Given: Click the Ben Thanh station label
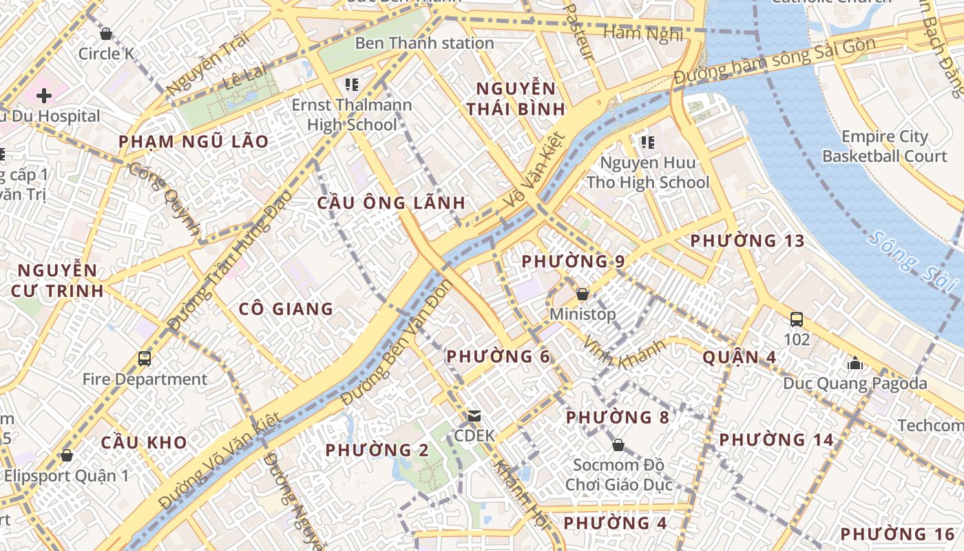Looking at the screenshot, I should [424, 43].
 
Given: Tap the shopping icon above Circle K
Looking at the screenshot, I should [106, 34].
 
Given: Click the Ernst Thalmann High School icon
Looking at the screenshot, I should [352, 85].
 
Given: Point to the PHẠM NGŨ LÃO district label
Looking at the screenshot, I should [193, 142].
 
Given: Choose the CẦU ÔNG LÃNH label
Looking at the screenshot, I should [391, 203].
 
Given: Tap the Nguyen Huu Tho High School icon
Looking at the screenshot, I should [647, 143].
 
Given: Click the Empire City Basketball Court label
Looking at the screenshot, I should [885, 146].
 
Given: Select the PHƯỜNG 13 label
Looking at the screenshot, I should [747, 241].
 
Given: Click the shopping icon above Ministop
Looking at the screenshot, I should [583, 294].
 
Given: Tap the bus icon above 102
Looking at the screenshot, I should [797, 319].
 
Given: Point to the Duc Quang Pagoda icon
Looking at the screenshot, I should [855, 363].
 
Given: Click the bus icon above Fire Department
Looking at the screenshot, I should [145, 358].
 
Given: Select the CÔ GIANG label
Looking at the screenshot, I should [286, 309].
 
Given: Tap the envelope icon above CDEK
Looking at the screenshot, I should [474, 416].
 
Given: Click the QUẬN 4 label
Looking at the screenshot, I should [739, 357].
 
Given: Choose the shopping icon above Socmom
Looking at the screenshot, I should [618, 445].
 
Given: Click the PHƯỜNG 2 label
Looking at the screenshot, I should [377, 450].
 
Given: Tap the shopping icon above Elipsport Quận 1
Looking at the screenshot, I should [67, 455].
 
